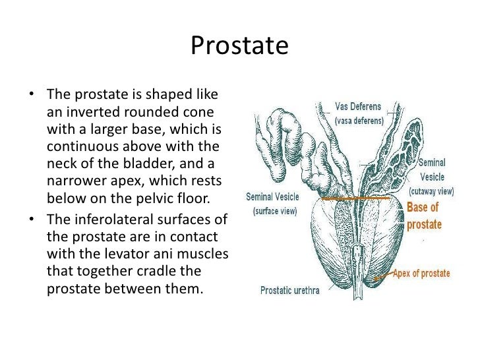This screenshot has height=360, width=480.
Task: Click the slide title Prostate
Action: tap(239, 46)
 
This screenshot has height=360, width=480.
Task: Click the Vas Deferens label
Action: tap(357, 107)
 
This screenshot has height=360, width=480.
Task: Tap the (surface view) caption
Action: tap(272, 211)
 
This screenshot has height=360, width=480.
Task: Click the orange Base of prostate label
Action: tap(423, 216)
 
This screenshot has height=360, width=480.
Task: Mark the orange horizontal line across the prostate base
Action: tap(356, 198)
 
